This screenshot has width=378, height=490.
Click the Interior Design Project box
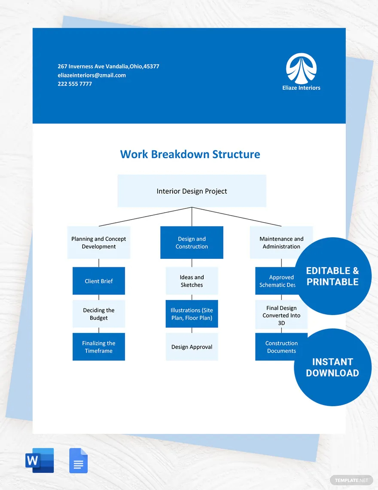(x=192, y=191)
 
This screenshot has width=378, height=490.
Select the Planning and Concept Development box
(x=99, y=242)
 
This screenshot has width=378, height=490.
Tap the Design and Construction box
(x=192, y=242)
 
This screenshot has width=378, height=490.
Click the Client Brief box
(x=99, y=281)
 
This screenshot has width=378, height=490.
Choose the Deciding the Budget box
(x=99, y=314)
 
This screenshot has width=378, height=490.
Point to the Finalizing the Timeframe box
(x=99, y=346)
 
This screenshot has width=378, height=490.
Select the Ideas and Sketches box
(x=192, y=281)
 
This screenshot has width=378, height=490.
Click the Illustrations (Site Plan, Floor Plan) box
(x=192, y=314)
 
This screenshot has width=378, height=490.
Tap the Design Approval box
(x=192, y=346)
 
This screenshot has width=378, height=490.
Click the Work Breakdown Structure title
(x=190, y=154)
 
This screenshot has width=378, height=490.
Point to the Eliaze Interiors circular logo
(x=301, y=69)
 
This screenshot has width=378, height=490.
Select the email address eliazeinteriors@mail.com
(x=92, y=75)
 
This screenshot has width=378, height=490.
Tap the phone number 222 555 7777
(x=75, y=84)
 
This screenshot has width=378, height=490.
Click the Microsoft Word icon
(x=40, y=460)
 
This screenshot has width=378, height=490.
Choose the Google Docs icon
(x=78, y=460)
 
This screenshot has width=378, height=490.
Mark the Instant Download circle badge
(x=332, y=367)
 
